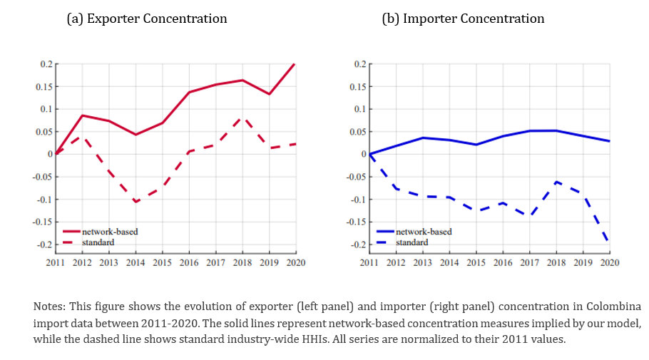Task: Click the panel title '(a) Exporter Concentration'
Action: (x=146, y=19)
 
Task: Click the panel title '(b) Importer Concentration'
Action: (x=463, y=19)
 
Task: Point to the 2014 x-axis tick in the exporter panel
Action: (x=136, y=263)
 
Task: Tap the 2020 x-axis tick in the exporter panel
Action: (x=295, y=263)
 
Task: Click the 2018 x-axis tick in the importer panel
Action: (x=556, y=263)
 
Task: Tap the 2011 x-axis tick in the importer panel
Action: (x=369, y=263)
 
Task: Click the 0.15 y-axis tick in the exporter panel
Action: (x=44, y=87)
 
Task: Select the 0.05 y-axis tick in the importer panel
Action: (x=358, y=132)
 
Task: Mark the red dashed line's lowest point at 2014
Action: (x=136, y=202)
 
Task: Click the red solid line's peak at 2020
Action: (x=295, y=64)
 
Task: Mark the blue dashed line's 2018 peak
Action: (x=556, y=182)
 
